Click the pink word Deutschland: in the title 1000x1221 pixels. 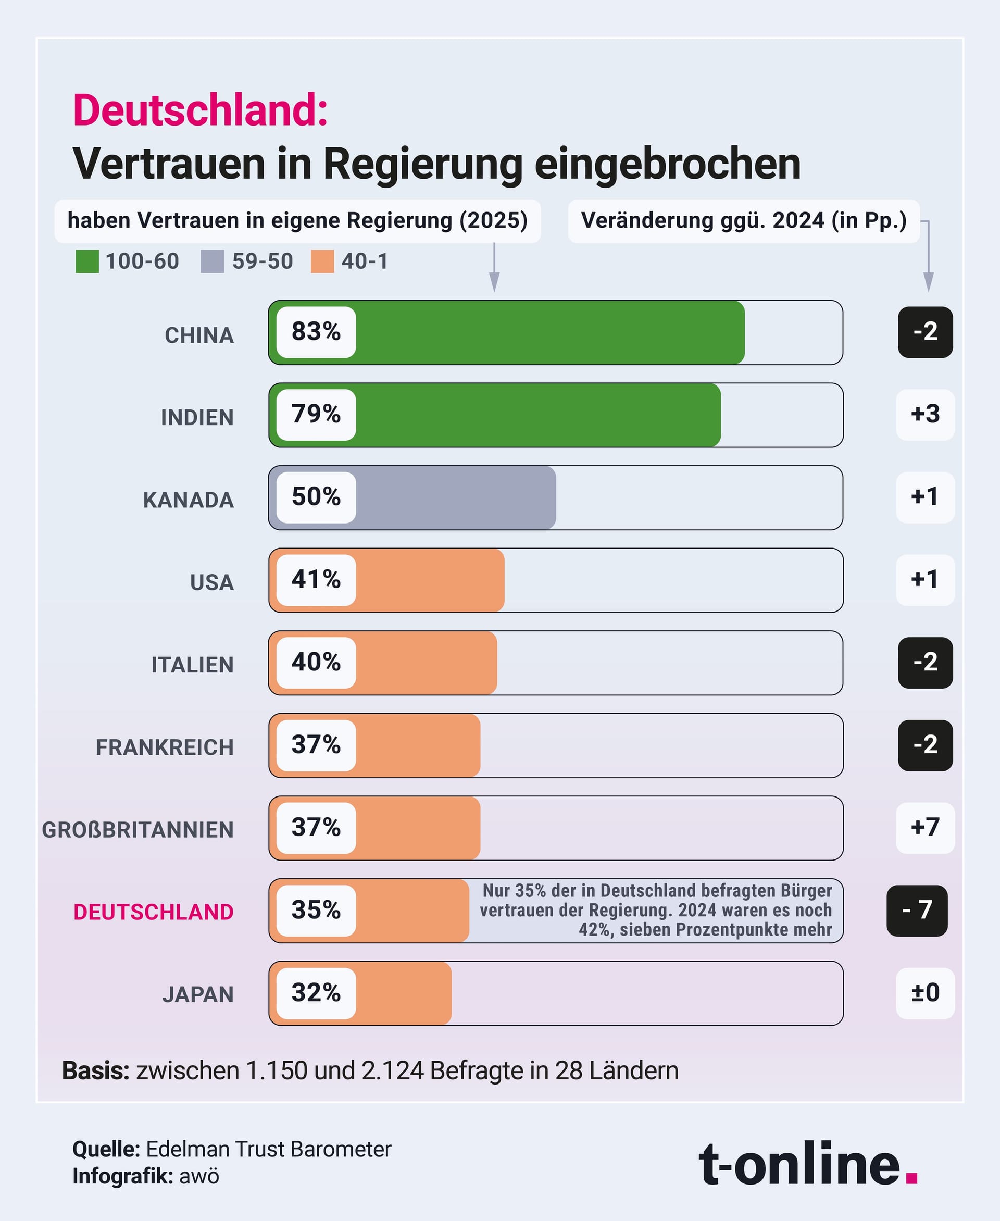(200, 110)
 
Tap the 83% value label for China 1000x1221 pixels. (316, 332)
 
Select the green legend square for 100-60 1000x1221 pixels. (87, 261)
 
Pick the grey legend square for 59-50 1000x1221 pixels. (212, 261)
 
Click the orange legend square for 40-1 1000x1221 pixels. (322, 261)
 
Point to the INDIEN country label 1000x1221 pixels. (197, 417)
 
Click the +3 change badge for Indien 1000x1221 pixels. (924, 414)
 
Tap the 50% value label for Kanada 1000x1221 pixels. (316, 497)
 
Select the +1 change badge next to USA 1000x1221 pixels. (924, 579)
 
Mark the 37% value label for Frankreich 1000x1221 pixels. (316, 744)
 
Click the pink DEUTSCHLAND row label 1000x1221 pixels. (153, 912)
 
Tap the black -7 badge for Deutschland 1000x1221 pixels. (917, 910)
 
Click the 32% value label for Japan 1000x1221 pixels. (316, 992)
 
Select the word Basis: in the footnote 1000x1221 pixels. (96, 1070)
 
